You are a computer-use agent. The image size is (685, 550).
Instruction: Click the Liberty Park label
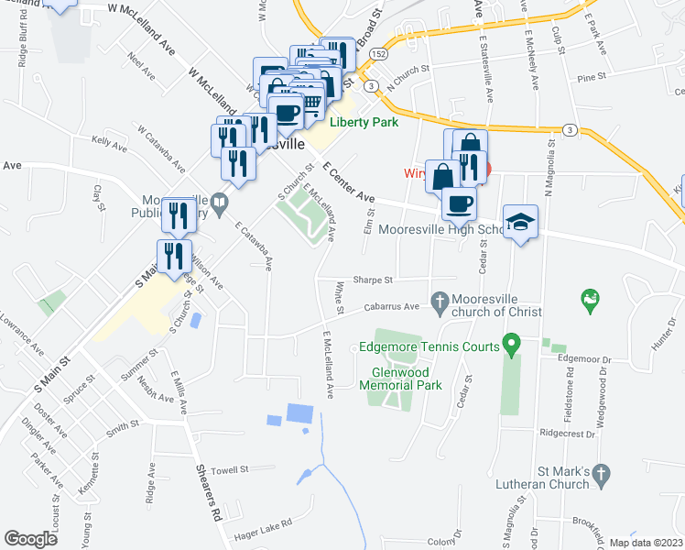[x=364, y=122]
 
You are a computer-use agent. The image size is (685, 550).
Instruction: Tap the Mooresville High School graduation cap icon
[x=520, y=222]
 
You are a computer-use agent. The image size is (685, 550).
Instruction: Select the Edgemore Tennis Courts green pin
[x=513, y=346]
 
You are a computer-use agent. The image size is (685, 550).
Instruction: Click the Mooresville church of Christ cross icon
[x=440, y=300]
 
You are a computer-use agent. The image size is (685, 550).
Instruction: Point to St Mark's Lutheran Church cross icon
[x=601, y=473]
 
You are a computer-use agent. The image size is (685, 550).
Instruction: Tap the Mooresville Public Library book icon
[x=219, y=201]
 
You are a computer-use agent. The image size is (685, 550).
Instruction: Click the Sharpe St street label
[x=375, y=280]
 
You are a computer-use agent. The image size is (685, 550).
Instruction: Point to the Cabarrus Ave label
[x=391, y=306]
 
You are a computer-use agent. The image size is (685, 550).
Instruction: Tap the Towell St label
[x=230, y=469]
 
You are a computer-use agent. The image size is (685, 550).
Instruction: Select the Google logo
[x=30, y=539]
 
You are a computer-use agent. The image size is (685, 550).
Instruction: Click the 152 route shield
[x=379, y=55]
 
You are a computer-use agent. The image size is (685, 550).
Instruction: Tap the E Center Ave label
[x=349, y=183]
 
